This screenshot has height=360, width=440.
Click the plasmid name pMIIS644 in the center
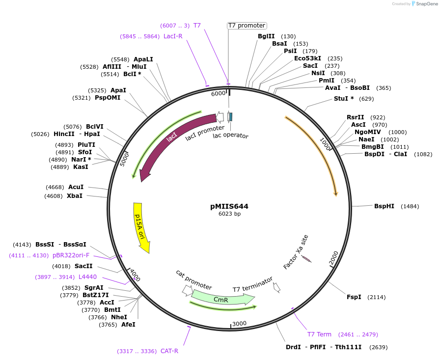(x=229, y=206)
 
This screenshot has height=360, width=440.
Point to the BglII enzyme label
(x=266, y=36)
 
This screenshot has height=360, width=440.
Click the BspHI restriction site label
(x=384, y=206)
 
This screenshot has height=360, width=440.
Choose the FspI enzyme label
(x=354, y=297)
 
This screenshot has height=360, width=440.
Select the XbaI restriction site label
(x=75, y=196)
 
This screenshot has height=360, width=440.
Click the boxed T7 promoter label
(x=247, y=26)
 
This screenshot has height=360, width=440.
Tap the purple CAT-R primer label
(x=169, y=351)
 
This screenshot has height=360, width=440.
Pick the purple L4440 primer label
(x=87, y=277)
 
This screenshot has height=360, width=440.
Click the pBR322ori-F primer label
(x=71, y=255)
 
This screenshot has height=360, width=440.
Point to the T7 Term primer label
(x=319, y=334)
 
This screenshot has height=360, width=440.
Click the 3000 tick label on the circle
(x=239, y=323)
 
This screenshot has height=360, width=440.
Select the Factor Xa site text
(x=296, y=252)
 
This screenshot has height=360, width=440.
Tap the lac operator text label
(x=230, y=136)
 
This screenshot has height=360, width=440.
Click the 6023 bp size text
(x=229, y=214)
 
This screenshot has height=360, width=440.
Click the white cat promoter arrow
(x=187, y=290)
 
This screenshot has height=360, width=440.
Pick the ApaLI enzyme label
(x=143, y=59)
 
